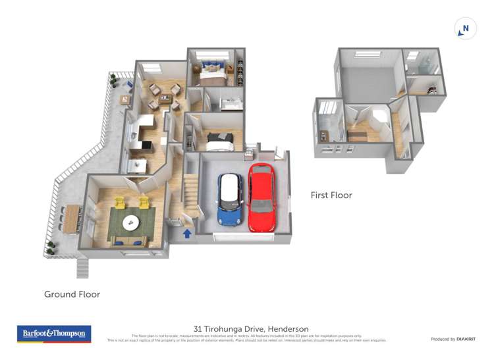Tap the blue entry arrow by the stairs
click(x=187, y=232)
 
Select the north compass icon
click(x=466, y=28)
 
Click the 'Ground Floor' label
click(x=72, y=294)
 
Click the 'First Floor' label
click(x=331, y=195)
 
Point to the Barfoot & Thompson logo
click(x=54, y=334)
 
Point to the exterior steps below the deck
click(x=82, y=267)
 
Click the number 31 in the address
click(x=198, y=329)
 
